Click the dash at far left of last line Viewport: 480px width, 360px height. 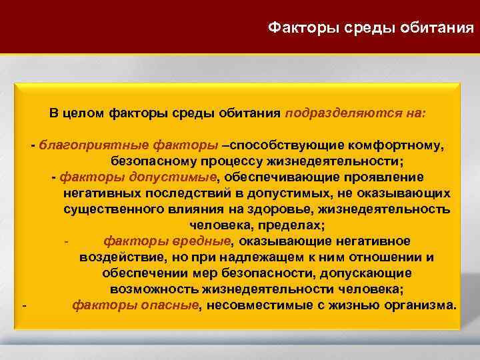tap(24, 306)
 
